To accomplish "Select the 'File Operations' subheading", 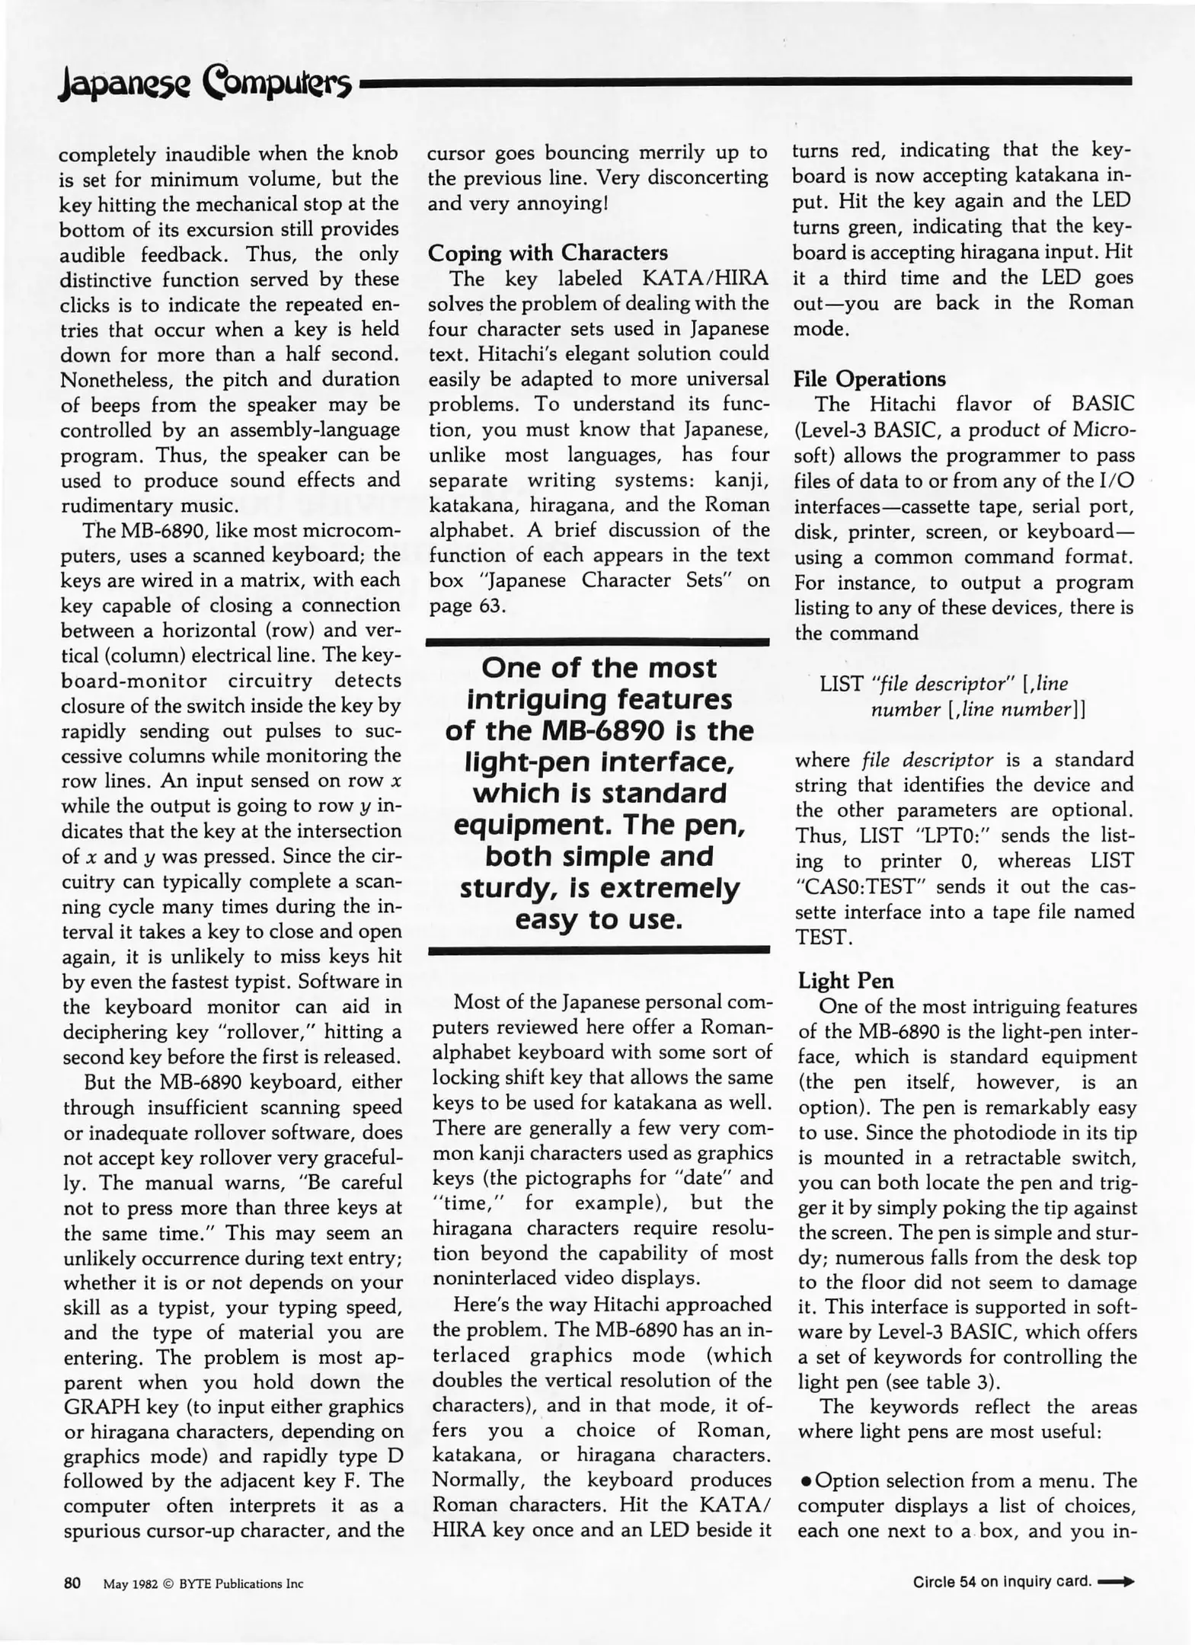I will point(869,379).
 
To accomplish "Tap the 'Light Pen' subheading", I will point(845,980).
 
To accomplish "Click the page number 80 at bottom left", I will point(72,1583).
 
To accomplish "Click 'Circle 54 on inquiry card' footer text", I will point(1002,1582).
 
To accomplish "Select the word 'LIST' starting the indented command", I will point(841,684).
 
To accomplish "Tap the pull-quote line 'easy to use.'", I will point(598,920).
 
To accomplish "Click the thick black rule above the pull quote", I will point(598,643).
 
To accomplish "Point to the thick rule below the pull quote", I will point(599,950).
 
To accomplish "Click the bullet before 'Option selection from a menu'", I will point(806,1481).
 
